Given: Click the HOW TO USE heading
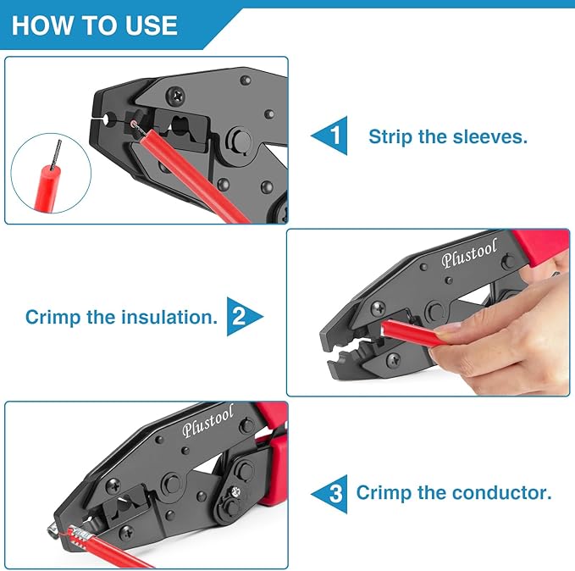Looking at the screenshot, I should [94, 25].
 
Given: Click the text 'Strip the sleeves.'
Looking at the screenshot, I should [447, 136].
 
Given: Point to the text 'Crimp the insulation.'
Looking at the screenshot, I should [121, 317].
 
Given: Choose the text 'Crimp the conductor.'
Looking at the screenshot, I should [454, 492].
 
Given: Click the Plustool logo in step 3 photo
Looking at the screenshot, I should [207, 424].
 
